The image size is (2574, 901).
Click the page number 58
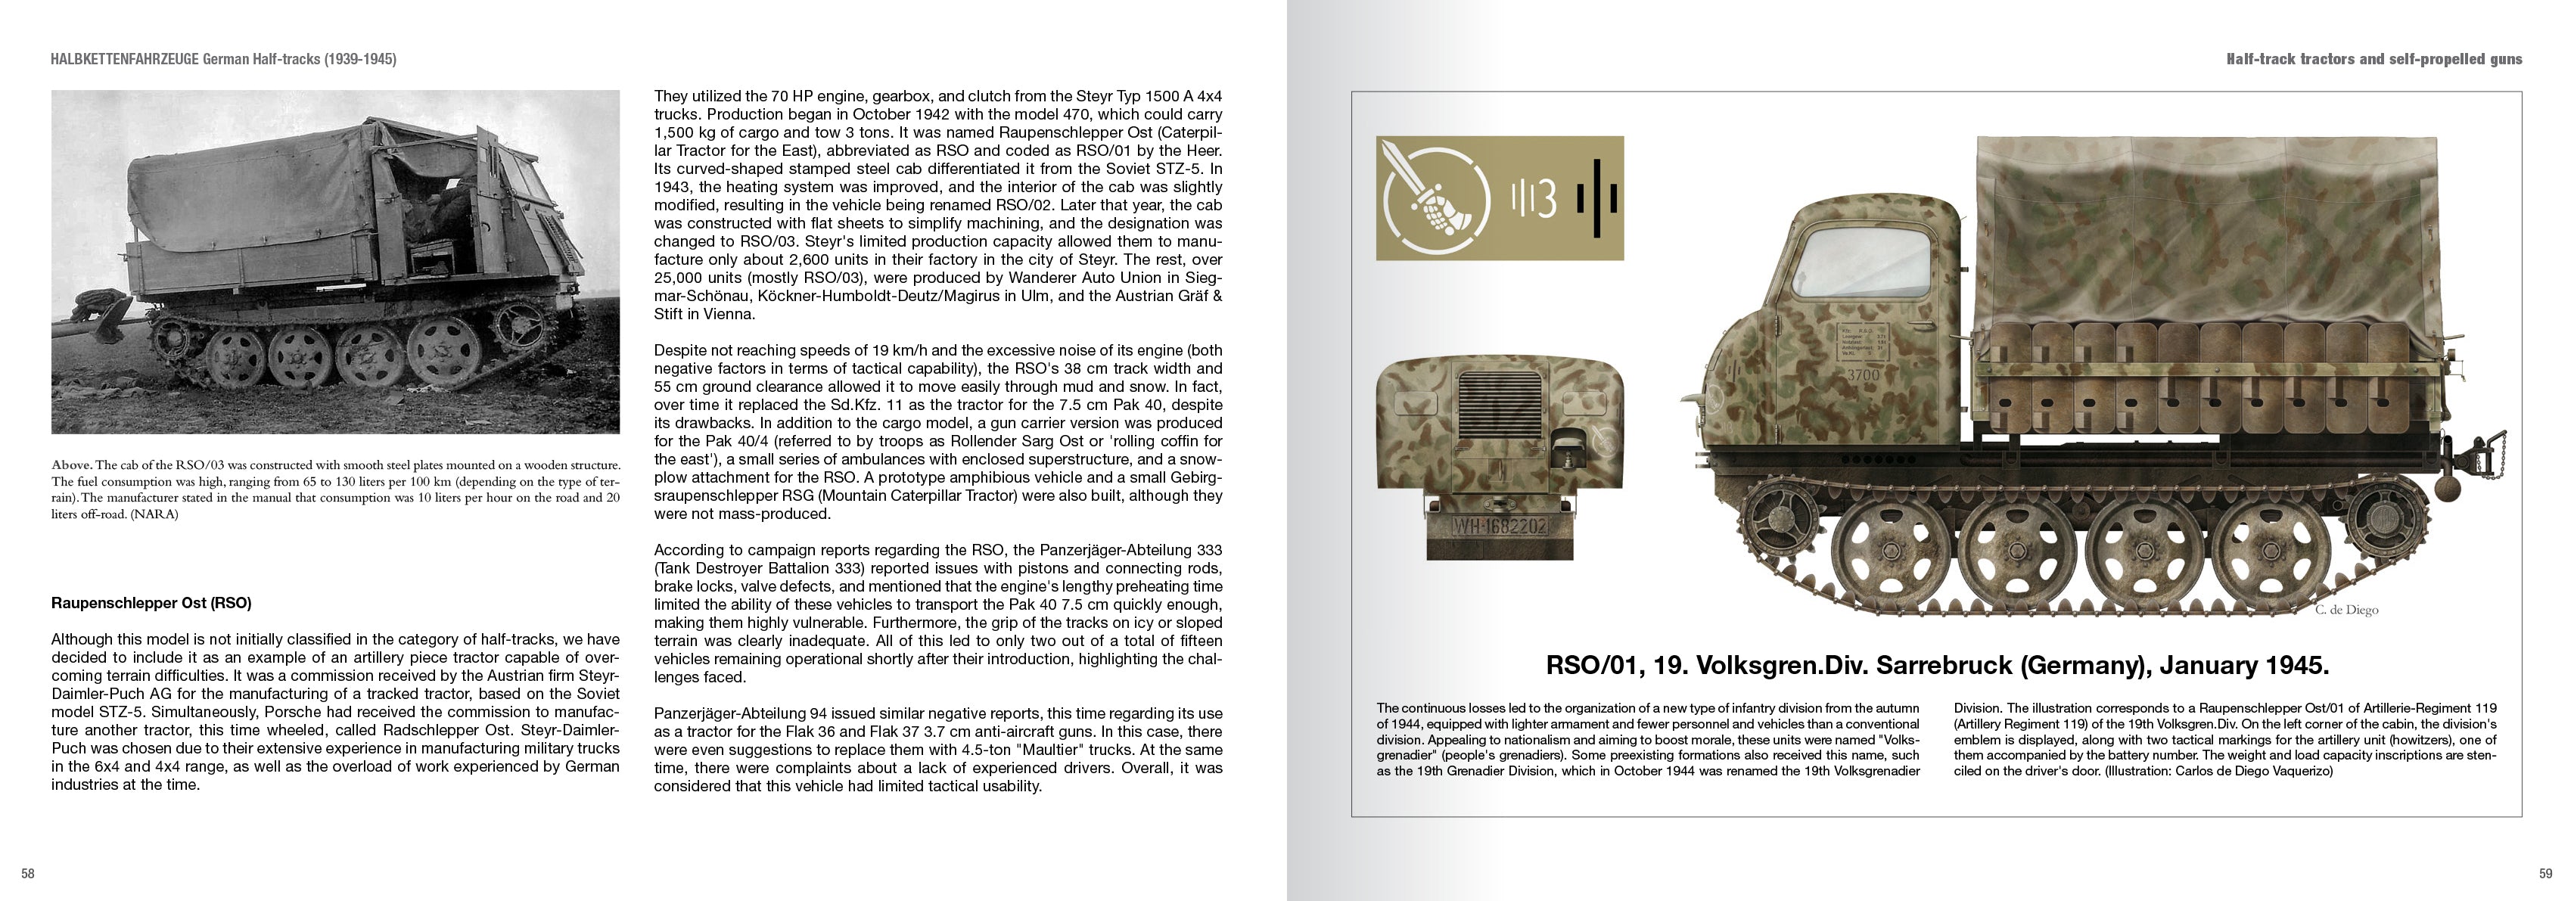28,874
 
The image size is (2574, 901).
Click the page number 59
2545,874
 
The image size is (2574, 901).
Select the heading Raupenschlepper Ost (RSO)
151,604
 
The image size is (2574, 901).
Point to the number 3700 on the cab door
1863,374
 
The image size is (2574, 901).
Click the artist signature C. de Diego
2346,609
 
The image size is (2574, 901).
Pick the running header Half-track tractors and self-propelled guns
2373,59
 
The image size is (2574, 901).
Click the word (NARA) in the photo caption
154,514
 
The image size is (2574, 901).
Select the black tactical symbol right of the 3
1599,200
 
